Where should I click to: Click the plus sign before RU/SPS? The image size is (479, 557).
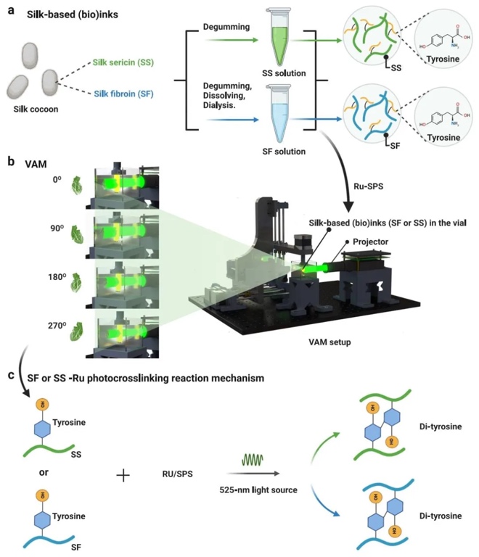pos(123,476)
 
